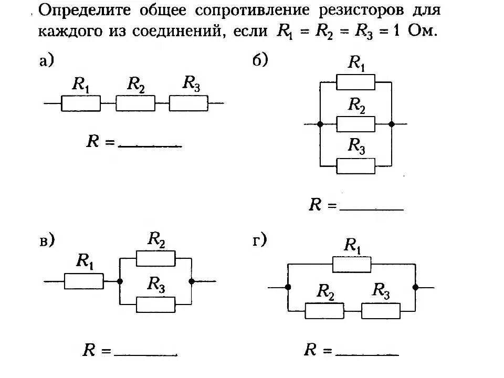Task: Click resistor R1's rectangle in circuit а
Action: pyautogui.click(x=81, y=103)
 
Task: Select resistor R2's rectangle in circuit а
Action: pyautogui.click(x=135, y=103)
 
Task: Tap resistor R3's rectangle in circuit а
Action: pyautogui.click(x=188, y=103)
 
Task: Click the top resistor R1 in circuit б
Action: pyautogui.click(x=355, y=82)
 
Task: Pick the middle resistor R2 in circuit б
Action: pyautogui.click(x=355, y=124)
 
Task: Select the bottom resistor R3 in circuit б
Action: pyautogui.click(x=355, y=166)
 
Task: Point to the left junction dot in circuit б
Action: pyautogui.click(x=320, y=124)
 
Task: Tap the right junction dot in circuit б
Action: pyautogui.click(x=392, y=124)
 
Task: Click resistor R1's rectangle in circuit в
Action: pyautogui.click(x=84, y=281)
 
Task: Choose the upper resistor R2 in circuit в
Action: pyautogui.click(x=155, y=258)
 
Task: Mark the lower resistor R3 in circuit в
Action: pyautogui.click(x=155, y=304)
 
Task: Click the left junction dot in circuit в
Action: pyautogui.click(x=120, y=281)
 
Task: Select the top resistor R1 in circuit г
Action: pyautogui.click(x=351, y=265)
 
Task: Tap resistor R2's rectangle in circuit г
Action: pyautogui.click(x=325, y=311)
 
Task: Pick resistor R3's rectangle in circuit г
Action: pyautogui.click(x=381, y=311)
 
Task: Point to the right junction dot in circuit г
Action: pyautogui.click(x=415, y=287)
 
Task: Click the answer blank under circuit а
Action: pyautogui.click(x=150, y=144)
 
